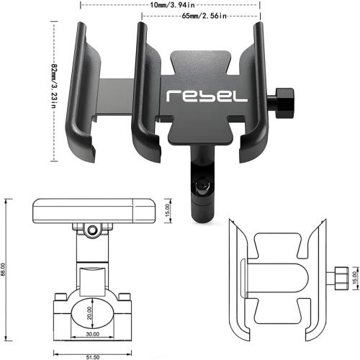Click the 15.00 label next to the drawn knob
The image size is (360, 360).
pyautogui.click(x=354, y=276)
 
